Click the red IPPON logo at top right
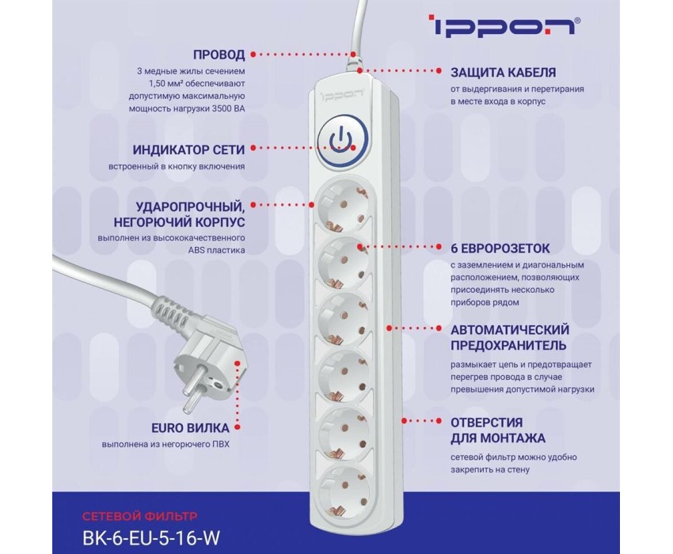click(x=505, y=26)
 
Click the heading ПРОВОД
click(x=219, y=55)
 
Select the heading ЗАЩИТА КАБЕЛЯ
click(x=503, y=73)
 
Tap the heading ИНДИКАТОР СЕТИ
click(x=188, y=150)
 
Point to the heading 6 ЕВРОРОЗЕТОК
click(x=500, y=248)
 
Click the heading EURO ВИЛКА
click(x=190, y=428)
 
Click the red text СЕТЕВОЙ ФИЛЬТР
click(x=140, y=516)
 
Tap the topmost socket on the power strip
click(x=343, y=206)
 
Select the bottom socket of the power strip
click(x=344, y=492)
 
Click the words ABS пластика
click(x=217, y=250)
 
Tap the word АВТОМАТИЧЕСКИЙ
click(x=510, y=330)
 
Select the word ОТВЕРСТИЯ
click(x=487, y=423)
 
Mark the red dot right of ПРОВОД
click(x=253, y=55)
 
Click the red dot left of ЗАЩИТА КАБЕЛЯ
click(x=439, y=70)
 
